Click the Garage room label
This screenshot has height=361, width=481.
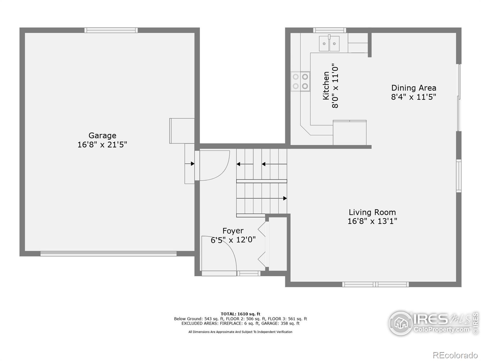(x=102, y=135)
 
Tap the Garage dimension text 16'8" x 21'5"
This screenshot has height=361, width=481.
(x=102, y=145)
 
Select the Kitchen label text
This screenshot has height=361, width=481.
(x=326, y=86)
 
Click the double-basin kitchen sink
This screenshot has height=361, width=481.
(x=329, y=43)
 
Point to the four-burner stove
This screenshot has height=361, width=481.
(x=300, y=82)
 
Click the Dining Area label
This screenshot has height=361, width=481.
(x=414, y=88)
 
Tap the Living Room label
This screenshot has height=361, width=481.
(x=372, y=212)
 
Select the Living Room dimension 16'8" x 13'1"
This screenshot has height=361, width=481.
(x=372, y=221)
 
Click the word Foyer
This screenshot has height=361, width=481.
(x=233, y=231)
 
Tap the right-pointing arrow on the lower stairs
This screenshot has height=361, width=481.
(x=284, y=198)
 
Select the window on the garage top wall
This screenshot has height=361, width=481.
(x=111, y=30)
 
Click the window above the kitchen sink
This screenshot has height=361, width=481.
(x=329, y=30)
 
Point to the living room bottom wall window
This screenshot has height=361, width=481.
(x=375, y=284)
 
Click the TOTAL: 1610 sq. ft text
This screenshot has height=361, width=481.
(x=240, y=314)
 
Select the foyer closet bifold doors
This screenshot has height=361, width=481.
(x=262, y=244)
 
